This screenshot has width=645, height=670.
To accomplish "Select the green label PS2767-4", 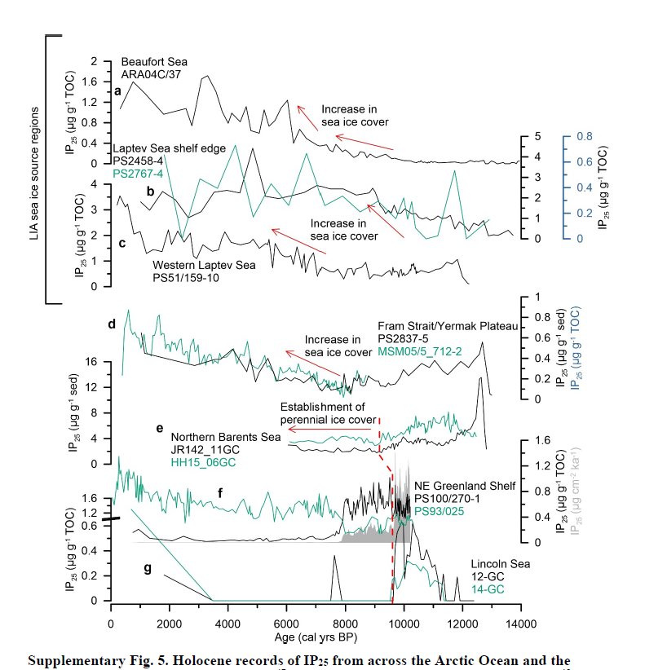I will (139, 173).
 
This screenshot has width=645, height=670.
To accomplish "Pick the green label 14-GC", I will (488, 588).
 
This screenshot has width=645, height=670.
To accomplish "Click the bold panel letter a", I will (117, 90).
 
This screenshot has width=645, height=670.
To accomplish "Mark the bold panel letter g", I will (148, 568).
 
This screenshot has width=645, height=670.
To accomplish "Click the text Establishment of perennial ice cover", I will (325, 413).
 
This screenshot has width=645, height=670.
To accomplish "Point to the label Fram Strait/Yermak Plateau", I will (448, 326).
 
